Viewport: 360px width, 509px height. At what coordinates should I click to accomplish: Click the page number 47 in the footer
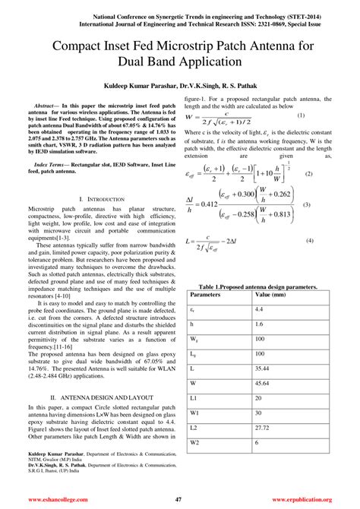point(178,500)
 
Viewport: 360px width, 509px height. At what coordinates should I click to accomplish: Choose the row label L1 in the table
point(193,397)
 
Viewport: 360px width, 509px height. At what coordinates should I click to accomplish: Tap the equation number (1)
point(301,115)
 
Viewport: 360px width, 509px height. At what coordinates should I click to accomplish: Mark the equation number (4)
point(310,241)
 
